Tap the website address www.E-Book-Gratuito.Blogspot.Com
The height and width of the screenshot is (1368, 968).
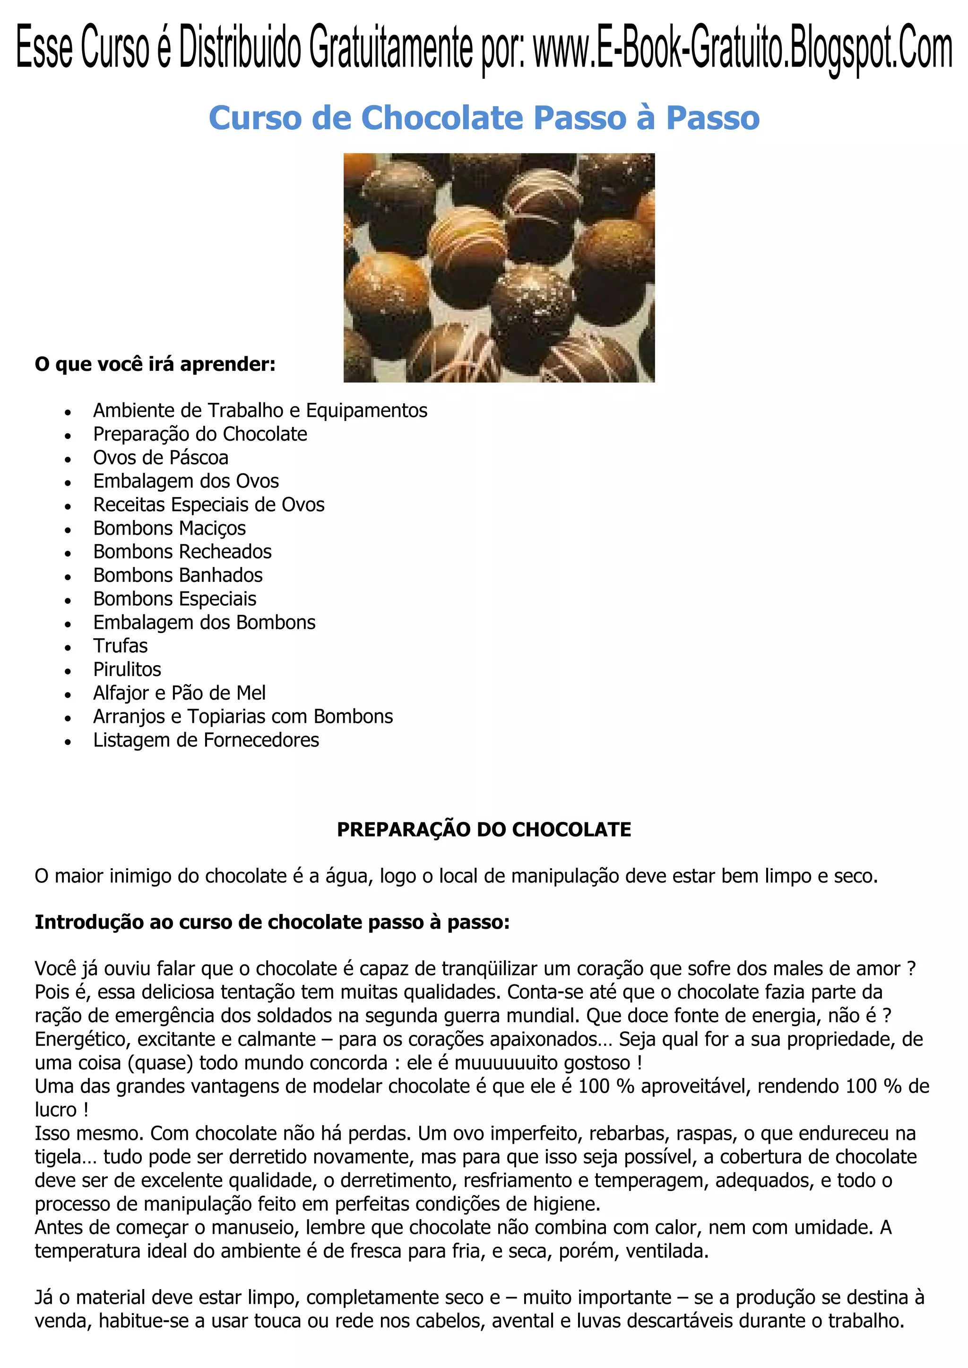(742, 50)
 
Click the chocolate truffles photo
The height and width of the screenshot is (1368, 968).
(499, 267)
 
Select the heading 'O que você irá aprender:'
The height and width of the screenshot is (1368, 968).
(155, 364)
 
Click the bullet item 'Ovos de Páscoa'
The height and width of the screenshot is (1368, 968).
(160, 458)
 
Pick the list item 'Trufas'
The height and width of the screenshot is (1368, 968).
(121, 646)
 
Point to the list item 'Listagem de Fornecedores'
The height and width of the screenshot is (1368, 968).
(206, 740)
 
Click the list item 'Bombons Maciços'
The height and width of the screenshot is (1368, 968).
(169, 528)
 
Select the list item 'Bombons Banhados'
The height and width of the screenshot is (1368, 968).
(178, 575)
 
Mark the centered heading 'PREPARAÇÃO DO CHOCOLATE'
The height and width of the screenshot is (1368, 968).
(484, 829)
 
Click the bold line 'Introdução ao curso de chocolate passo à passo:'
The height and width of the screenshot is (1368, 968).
(272, 923)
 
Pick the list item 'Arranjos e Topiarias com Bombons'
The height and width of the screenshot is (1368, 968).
(242, 716)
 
